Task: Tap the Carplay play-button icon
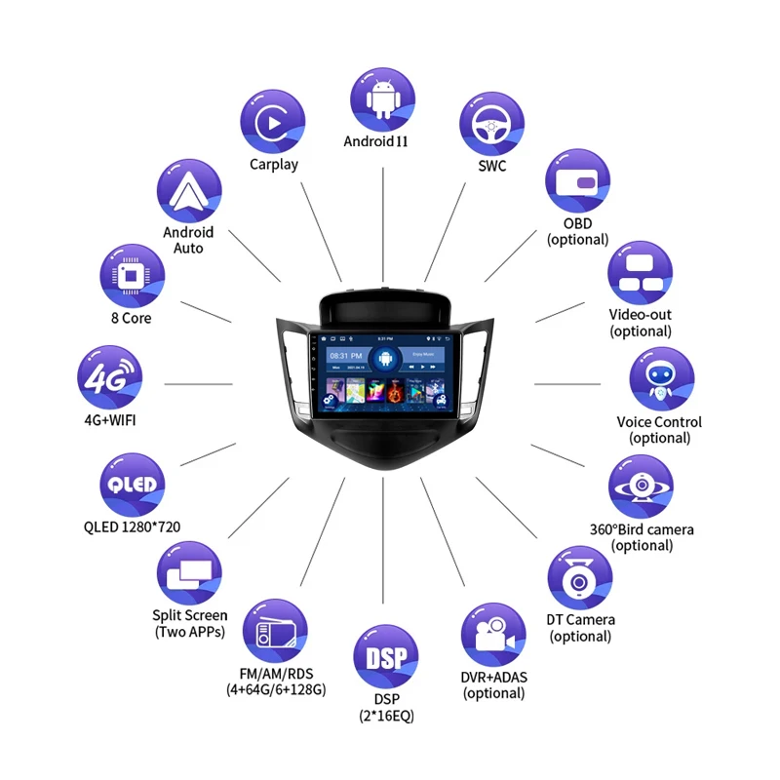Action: (x=272, y=122)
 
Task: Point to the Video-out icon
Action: (x=641, y=273)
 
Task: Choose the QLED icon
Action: (x=132, y=486)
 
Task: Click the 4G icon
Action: (x=109, y=378)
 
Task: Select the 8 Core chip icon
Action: (x=132, y=274)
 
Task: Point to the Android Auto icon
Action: (x=188, y=192)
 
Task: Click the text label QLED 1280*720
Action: (x=132, y=527)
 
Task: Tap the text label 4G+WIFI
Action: (x=109, y=422)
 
